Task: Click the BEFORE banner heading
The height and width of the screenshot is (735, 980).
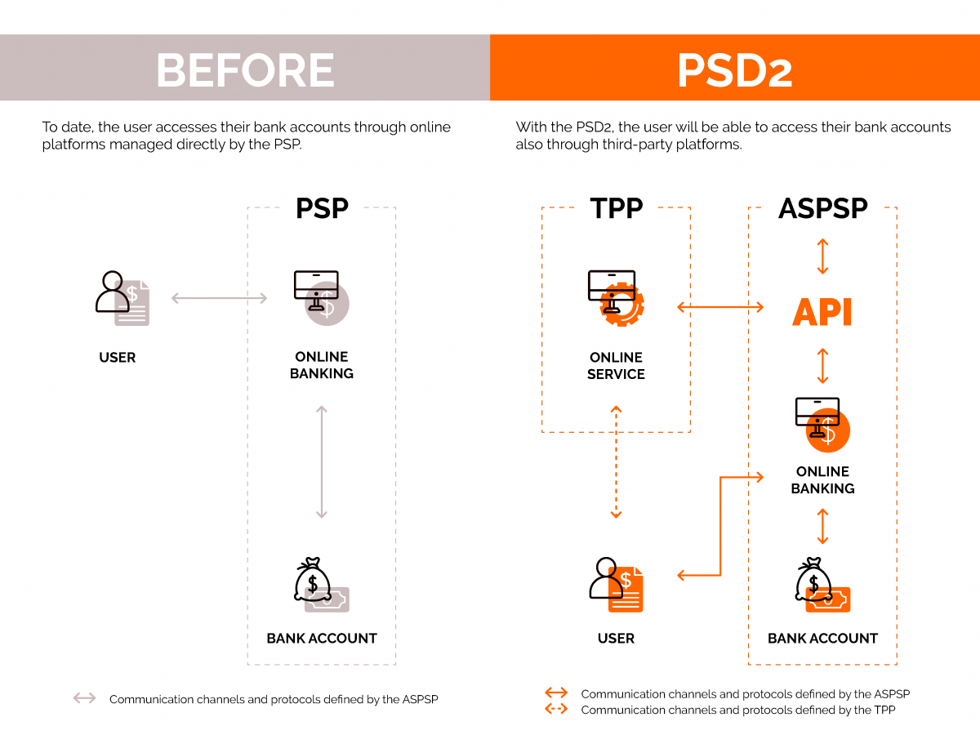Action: click(x=245, y=70)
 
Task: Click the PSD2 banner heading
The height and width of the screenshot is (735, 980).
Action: click(x=734, y=70)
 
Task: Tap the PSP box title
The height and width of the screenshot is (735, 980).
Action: click(x=322, y=208)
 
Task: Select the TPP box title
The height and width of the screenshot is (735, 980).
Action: click(x=616, y=208)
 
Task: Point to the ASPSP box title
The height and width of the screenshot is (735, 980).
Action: click(x=822, y=208)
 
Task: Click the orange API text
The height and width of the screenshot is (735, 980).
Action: click(x=822, y=313)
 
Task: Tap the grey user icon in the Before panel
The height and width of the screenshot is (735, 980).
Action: click(x=122, y=297)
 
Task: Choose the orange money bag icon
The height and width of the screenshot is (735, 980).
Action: click(x=822, y=585)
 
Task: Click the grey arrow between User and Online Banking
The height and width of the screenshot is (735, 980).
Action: click(x=219, y=298)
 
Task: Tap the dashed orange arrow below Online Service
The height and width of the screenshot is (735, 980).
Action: click(x=616, y=461)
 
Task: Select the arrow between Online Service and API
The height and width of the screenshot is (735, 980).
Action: click(x=720, y=307)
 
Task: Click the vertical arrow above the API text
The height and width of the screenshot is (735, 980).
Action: click(x=822, y=256)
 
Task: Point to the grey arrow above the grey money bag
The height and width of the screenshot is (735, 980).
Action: click(x=321, y=461)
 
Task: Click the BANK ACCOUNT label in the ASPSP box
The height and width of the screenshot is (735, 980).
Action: click(x=822, y=639)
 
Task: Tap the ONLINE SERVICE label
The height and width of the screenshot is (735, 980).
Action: click(x=616, y=366)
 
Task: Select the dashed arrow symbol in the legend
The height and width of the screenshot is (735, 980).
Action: click(x=556, y=709)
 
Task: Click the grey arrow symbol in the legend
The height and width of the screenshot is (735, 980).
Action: click(x=84, y=698)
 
